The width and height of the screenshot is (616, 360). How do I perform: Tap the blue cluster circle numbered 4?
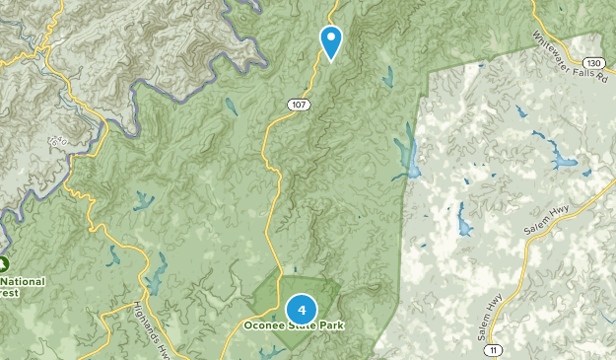pyautogui.click(x=301, y=311)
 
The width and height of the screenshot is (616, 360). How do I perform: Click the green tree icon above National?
pyautogui.click(x=4, y=264)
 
